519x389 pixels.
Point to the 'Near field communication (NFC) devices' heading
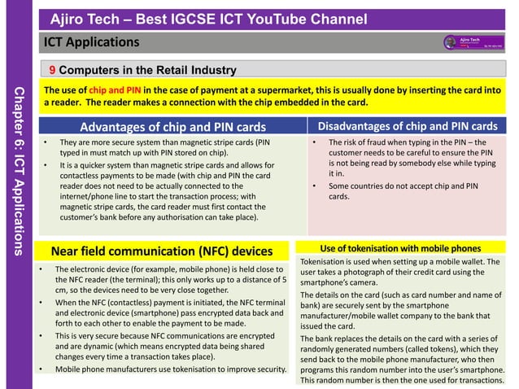coord(162,250)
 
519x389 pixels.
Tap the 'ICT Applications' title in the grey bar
coord(92,42)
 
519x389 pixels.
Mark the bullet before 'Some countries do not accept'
coord(314,186)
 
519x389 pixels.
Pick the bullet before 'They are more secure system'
coord(46,142)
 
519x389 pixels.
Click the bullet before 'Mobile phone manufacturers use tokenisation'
coord(41,369)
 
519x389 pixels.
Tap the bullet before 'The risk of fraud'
coord(314,142)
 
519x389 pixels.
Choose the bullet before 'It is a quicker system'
coord(46,166)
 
